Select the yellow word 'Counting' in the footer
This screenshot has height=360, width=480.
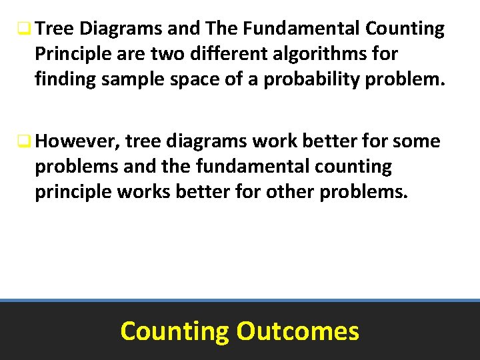[x=174, y=331]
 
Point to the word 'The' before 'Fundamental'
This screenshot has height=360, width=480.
[x=223, y=29]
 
